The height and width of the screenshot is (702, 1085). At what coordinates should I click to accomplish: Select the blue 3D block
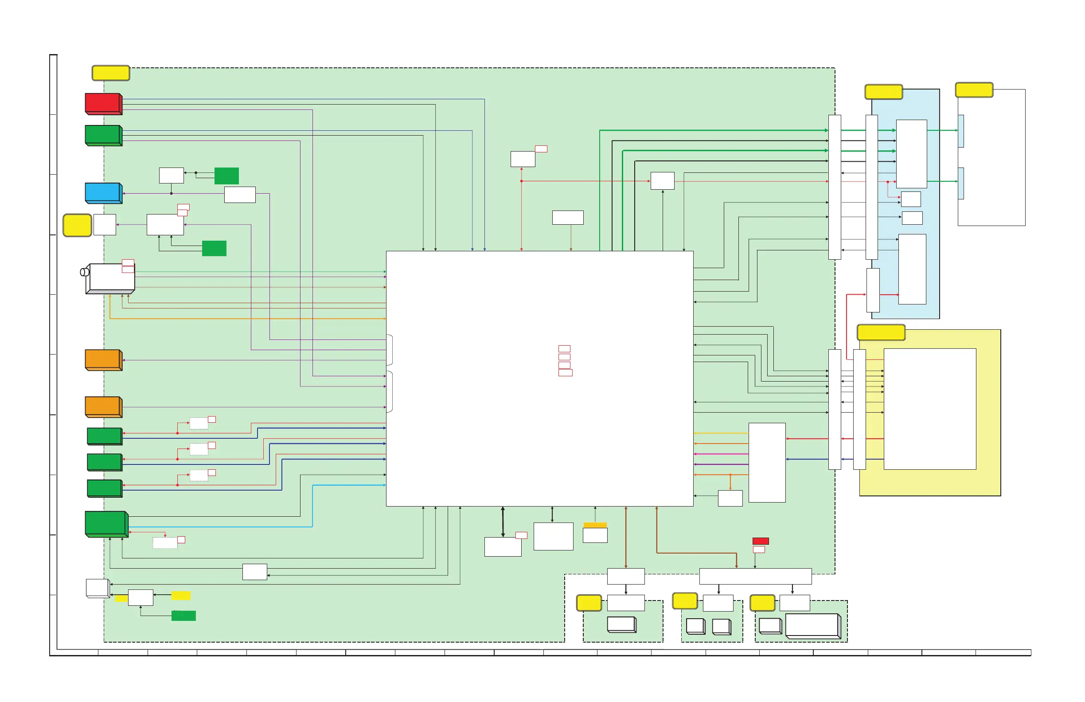click(x=103, y=193)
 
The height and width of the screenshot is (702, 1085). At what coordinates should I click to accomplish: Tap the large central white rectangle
click(x=539, y=378)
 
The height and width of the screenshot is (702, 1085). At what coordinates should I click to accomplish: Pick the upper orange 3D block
click(x=103, y=360)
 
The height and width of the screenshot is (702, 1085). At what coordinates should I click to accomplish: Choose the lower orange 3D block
click(x=103, y=406)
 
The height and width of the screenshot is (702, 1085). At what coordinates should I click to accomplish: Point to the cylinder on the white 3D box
click(x=84, y=272)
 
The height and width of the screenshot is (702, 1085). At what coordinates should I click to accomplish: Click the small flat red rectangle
click(x=761, y=541)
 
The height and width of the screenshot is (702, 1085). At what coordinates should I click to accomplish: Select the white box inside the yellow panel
click(x=929, y=409)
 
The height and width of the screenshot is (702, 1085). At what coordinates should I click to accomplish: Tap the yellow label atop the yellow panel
click(x=881, y=332)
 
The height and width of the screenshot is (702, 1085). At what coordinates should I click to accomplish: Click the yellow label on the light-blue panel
click(x=883, y=92)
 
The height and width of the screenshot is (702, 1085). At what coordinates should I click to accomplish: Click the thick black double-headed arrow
click(x=503, y=522)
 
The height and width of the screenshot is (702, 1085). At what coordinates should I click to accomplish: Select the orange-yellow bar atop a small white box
click(x=595, y=525)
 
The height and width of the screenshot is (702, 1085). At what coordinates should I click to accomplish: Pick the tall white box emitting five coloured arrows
click(x=767, y=462)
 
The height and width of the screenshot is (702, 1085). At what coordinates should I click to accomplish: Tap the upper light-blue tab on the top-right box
click(x=961, y=131)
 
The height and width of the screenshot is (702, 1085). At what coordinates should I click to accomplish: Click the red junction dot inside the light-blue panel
click(x=888, y=182)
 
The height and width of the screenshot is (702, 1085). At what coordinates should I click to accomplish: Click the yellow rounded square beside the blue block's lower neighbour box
click(x=77, y=225)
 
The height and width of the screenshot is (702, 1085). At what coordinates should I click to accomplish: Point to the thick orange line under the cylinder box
click(x=246, y=318)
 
